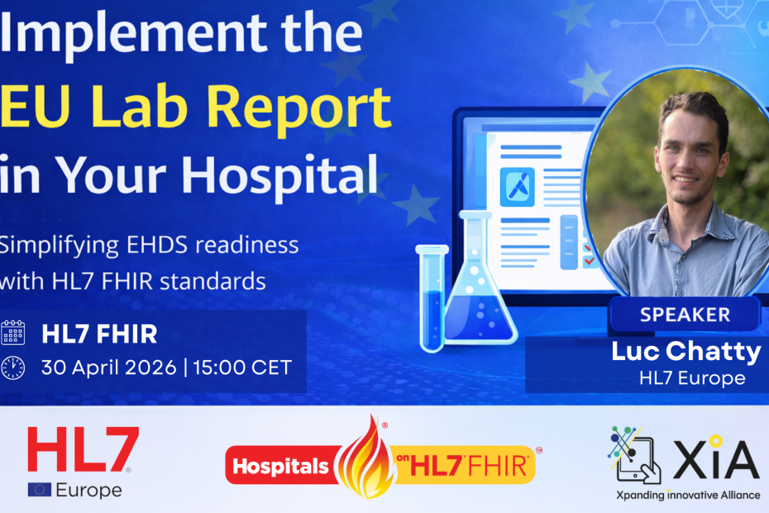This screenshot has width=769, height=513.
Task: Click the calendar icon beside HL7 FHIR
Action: (x=13, y=333)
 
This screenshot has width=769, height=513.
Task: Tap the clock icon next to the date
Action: (x=13, y=367)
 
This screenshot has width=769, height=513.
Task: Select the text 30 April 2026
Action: (x=108, y=367)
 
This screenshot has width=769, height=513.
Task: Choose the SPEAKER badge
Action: (x=684, y=314)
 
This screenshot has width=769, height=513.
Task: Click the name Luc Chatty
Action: (x=685, y=351)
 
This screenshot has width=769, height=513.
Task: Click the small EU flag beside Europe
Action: (x=39, y=490)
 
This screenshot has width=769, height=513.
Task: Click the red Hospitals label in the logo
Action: (x=280, y=466)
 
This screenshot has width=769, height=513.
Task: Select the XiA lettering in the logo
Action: (x=715, y=460)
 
